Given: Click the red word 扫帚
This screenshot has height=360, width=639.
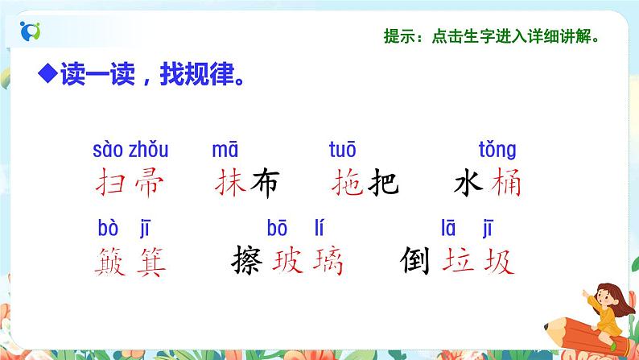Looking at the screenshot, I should (x=128, y=184).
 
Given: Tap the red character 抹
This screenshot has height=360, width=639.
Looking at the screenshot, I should (x=231, y=184).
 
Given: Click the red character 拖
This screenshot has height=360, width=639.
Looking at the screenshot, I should (x=347, y=184).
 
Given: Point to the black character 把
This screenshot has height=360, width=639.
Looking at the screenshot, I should (x=382, y=184).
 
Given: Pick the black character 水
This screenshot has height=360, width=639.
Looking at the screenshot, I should (x=469, y=184).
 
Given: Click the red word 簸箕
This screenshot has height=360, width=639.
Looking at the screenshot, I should (x=128, y=260).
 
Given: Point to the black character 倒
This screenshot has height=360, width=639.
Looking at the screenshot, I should (x=418, y=260).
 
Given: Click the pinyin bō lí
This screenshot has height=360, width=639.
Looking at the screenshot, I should (x=307, y=227).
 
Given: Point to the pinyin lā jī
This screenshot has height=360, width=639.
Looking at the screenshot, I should (x=475, y=227).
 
